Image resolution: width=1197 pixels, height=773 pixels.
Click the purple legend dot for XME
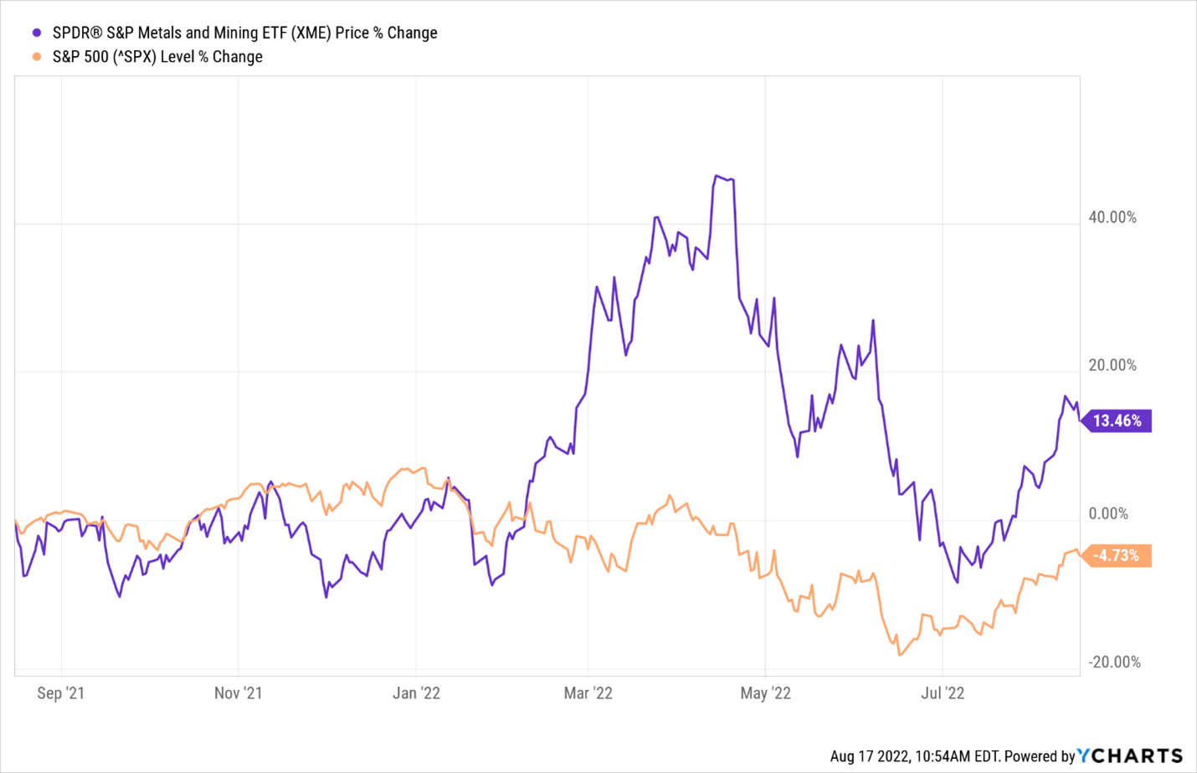click(x=37, y=33)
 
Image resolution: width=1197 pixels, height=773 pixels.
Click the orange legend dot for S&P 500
click(x=37, y=57)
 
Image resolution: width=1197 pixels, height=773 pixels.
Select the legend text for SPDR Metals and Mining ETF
click(x=244, y=33)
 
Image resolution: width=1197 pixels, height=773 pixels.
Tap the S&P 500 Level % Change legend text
click(x=157, y=57)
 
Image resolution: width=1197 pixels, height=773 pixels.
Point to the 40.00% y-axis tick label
click(x=1112, y=218)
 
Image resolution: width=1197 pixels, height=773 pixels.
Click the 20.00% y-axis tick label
click(x=1112, y=365)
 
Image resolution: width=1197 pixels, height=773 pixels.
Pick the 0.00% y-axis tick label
click(x=1108, y=513)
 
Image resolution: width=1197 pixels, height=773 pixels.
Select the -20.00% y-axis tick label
click(x=1115, y=662)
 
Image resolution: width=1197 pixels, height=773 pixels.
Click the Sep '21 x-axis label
click(x=61, y=693)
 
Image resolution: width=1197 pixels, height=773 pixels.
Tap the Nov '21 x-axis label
click(x=239, y=693)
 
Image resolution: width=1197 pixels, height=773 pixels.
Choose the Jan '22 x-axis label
click(x=417, y=693)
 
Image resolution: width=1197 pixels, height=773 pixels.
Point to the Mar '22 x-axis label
click(x=588, y=693)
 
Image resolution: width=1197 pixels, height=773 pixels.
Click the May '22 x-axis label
click(x=766, y=693)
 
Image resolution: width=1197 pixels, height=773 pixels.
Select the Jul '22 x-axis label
click(x=943, y=693)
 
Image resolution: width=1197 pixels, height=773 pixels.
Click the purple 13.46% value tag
click(x=1117, y=420)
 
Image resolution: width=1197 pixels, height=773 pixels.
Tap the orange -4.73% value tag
click(x=1117, y=555)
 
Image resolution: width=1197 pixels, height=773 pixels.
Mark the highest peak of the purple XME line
click(x=717, y=176)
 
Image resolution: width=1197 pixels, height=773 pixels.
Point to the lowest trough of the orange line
click(x=900, y=655)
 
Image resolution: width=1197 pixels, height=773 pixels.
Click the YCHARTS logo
click(x=1130, y=755)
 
